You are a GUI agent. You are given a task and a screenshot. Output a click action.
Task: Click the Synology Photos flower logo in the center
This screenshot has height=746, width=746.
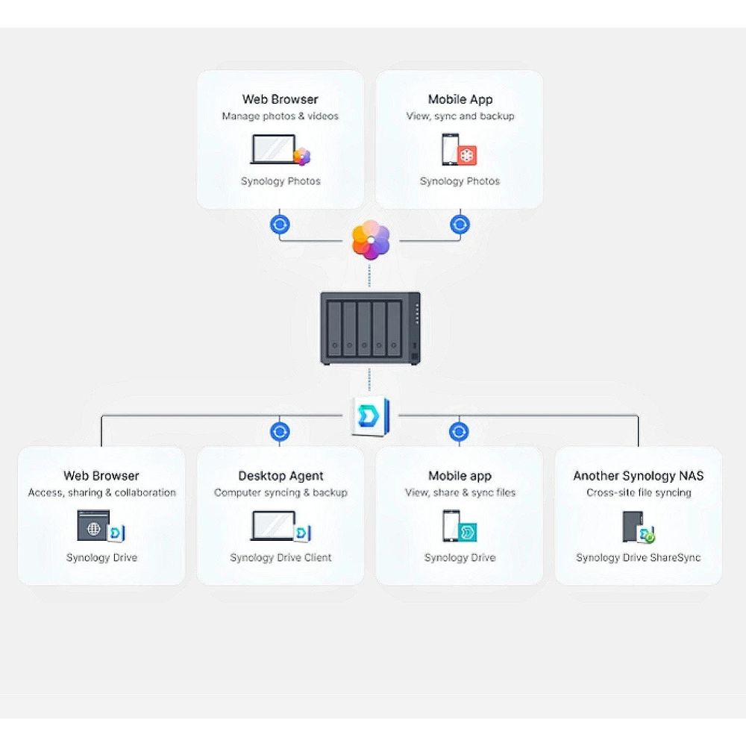coord(371,240)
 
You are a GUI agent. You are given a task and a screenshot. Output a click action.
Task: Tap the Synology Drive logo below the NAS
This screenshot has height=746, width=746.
coord(370,416)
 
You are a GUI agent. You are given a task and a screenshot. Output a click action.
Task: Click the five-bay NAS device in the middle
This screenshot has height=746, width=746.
coord(370,328)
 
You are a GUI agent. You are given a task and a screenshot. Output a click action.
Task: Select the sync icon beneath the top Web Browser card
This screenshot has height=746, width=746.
coord(280,225)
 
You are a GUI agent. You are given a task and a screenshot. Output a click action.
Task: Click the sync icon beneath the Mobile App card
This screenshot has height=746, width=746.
coord(460,225)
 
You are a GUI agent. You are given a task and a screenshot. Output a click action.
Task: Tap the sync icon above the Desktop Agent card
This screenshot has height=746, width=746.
coord(280,431)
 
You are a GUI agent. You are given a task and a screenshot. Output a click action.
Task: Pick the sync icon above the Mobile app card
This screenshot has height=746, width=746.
coord(460,431)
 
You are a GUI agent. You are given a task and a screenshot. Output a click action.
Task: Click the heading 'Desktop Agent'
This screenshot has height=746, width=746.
coord(280,476)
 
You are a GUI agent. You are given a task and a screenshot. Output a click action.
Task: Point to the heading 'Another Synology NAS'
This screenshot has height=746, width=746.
coord(638,476)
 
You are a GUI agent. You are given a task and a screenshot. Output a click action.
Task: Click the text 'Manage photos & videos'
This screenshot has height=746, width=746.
coord(280,116)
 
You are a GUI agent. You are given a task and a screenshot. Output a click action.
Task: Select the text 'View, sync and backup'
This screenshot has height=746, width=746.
coord(460,116)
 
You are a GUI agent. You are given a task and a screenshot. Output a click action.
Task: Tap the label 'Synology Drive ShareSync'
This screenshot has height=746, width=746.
coord(638,558)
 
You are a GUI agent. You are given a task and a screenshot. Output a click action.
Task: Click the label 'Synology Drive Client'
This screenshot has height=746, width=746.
coord(280,558)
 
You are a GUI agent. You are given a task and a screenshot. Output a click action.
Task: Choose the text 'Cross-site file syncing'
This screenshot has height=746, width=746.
coord(638,493)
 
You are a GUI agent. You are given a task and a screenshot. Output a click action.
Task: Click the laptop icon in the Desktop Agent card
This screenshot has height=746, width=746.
coord(274,525)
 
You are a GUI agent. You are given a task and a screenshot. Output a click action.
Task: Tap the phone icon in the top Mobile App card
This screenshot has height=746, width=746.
coord(450,149)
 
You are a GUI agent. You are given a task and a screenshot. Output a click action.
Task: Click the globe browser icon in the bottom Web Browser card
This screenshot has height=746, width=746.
coord(94,526)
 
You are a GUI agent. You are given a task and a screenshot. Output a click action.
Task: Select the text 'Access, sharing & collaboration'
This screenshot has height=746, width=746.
coord(101,493)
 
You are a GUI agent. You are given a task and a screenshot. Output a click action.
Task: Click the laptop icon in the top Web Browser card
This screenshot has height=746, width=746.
coord(274,149)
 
